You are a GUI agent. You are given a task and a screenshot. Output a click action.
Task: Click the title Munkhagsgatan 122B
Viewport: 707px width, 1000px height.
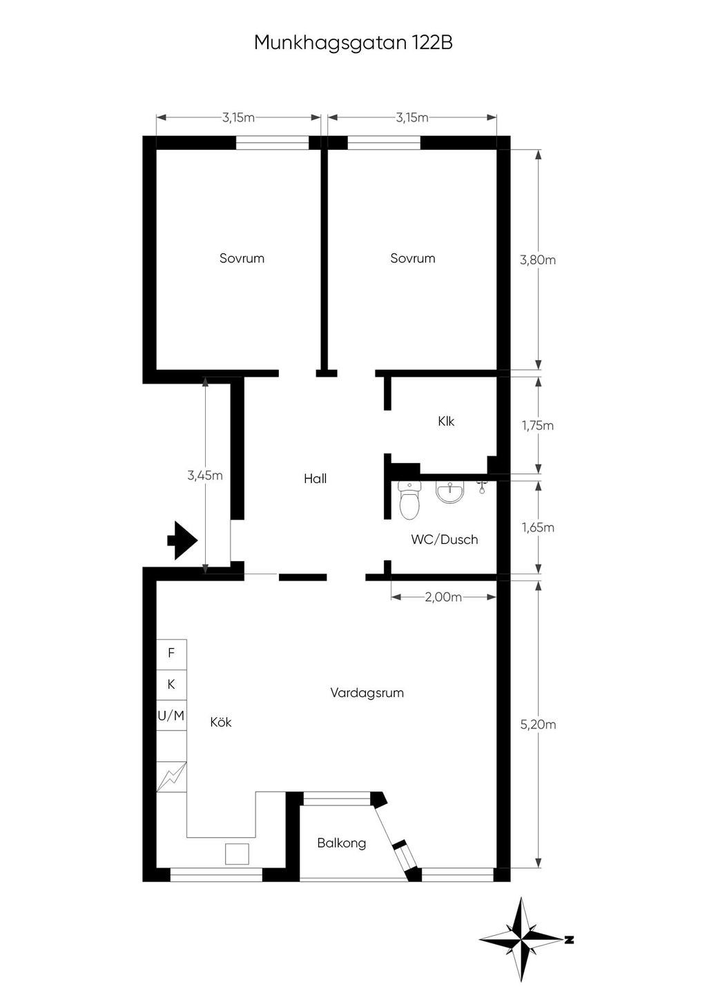353,43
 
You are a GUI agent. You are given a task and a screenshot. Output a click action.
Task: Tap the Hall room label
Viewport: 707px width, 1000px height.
316,478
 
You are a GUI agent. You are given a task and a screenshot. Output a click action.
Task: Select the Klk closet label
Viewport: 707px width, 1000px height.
446,421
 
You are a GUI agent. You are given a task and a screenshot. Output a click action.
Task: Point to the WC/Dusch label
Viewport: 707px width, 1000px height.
445,539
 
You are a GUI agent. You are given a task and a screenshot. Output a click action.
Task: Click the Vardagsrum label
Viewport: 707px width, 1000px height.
367,692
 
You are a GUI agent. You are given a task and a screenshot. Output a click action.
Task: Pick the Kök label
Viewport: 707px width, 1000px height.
221,722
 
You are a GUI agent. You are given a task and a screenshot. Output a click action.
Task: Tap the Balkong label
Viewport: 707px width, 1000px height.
342,843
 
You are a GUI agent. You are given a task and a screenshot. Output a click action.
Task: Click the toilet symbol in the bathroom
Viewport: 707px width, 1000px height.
409,501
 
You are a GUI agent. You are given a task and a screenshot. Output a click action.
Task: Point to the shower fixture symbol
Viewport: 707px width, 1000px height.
481,487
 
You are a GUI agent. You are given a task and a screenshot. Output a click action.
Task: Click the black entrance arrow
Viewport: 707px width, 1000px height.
182,540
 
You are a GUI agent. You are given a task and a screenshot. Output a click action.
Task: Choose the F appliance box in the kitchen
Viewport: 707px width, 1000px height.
171,653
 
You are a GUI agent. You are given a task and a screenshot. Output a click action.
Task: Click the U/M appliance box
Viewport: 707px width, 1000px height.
171,716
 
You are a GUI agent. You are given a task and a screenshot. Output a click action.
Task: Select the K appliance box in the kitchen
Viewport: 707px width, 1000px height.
171,685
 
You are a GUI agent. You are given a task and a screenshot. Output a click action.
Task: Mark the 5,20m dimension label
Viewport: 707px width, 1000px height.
538,724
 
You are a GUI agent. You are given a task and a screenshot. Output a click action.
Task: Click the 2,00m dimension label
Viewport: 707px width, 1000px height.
443,597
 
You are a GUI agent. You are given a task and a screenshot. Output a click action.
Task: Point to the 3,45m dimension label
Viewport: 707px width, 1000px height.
205,476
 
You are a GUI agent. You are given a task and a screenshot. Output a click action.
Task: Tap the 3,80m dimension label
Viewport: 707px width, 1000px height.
538,259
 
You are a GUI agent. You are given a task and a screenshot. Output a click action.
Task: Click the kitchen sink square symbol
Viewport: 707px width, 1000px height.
237,854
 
